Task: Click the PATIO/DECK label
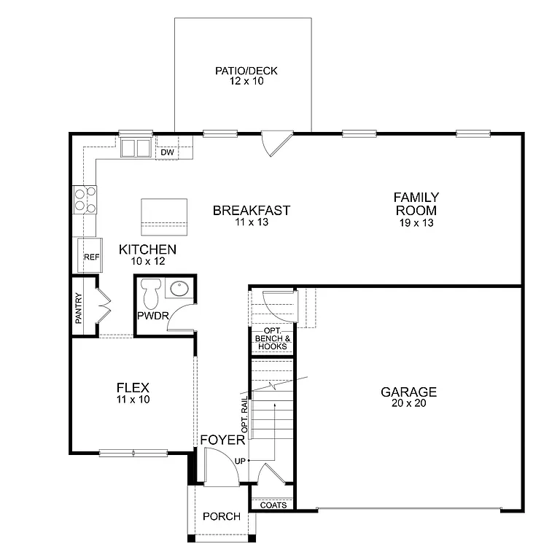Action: click(246, 71)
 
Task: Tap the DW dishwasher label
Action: click(166, 152)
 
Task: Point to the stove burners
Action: click(84, 199)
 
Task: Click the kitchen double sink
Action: click(135, 148)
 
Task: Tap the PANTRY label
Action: click(79, 308)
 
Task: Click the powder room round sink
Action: click(179, 289)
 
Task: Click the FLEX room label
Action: click(133, 388)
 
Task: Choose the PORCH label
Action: click(222, 516)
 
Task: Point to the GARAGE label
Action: click(408, 392)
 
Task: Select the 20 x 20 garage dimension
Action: click(408, 403)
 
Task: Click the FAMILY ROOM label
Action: click(416, 203)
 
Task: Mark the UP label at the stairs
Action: click(239, 461)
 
